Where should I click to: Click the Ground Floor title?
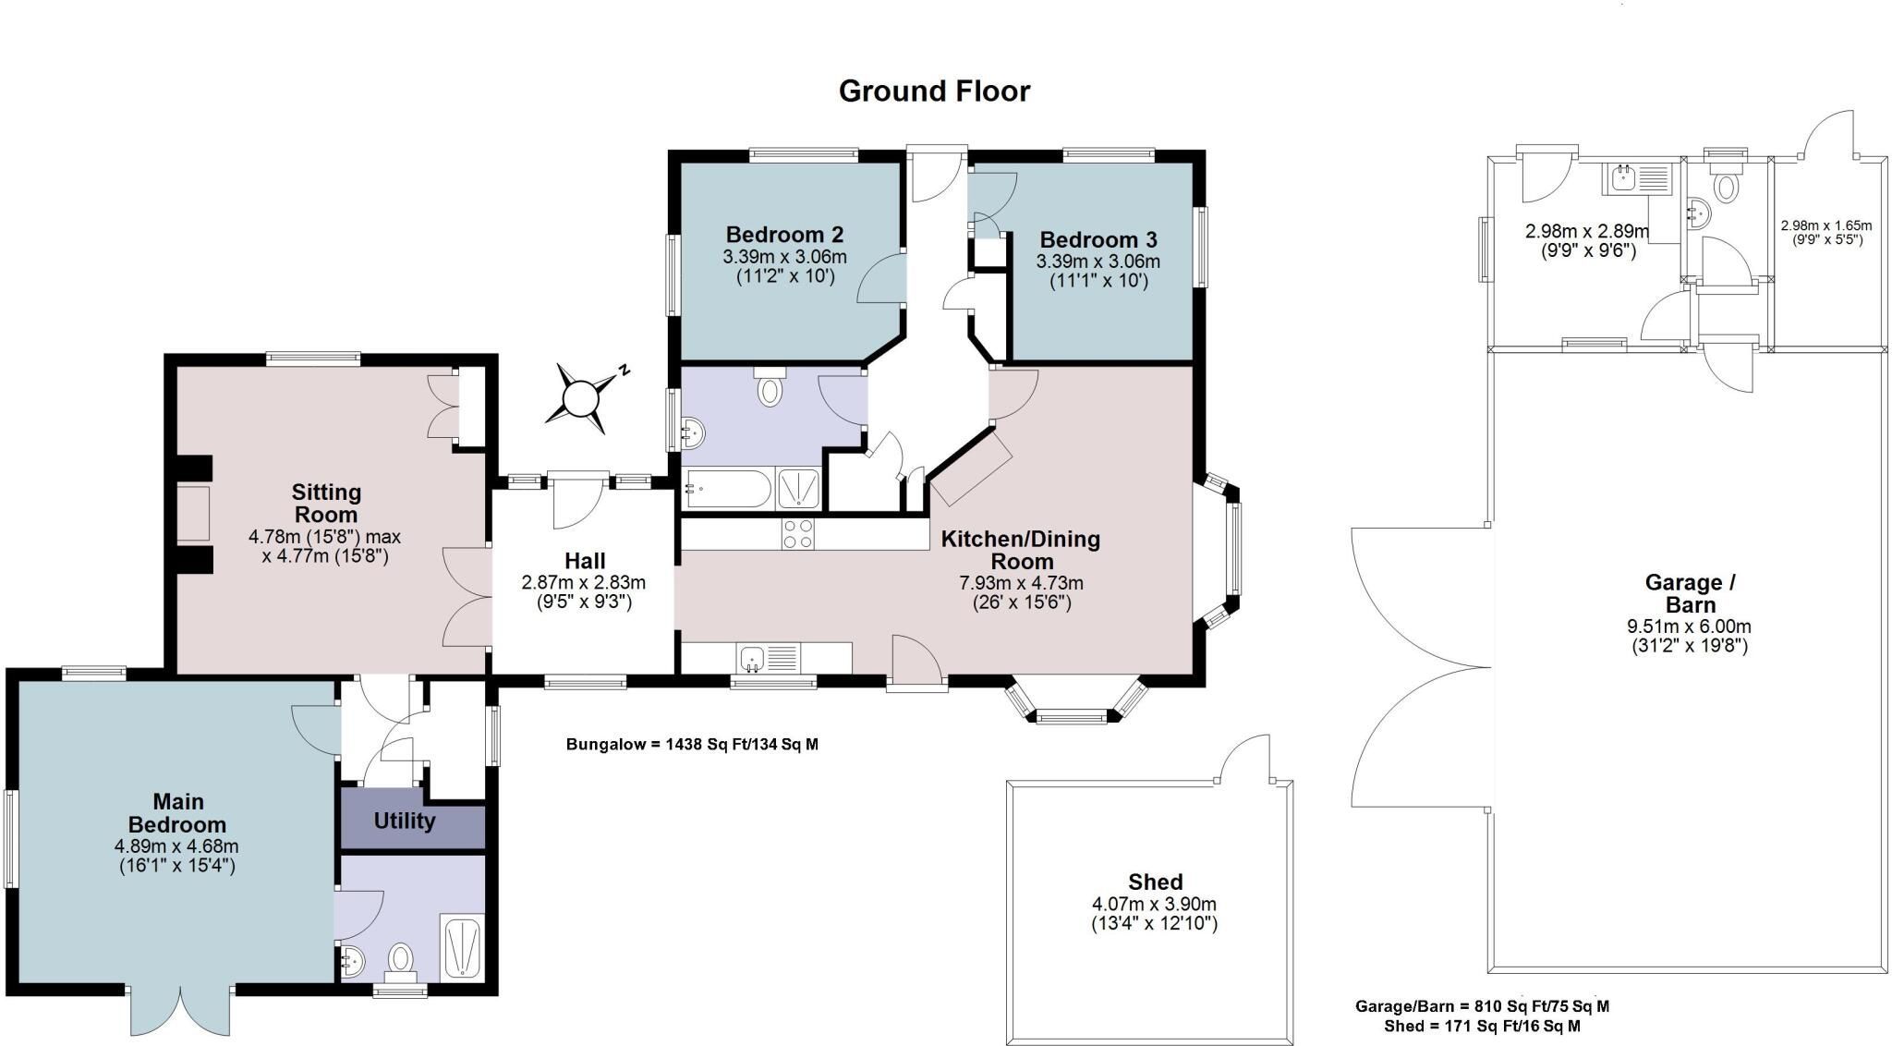coord(934,91)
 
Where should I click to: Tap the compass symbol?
coord(583,399)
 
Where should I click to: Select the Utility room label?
coord(405,821)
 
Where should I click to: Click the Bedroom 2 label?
coord(784,235)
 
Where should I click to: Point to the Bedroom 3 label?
coord(1098,240)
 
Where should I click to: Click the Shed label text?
coord(1155,882)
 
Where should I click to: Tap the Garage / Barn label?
coord(1691,594)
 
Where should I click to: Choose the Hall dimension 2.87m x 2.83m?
coord(584,583)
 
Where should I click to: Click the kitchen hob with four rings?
coord(798,533)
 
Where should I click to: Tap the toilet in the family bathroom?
coord(769,387)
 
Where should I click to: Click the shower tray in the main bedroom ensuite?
coord(462,946)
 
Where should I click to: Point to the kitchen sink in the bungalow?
coord(767,659)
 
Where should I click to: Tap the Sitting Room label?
coord(326,504)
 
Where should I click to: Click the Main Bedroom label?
coord(176,813)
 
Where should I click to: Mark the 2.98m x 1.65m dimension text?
coord(1826,225)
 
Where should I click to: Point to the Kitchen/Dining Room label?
coord(1021,550)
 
